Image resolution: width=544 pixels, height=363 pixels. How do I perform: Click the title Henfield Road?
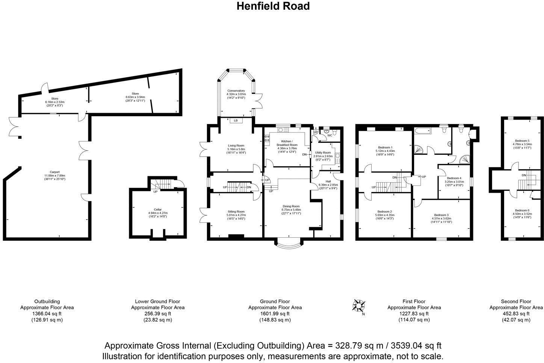tap(273, 6)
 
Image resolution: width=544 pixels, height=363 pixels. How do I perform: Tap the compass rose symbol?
tap(359, 306)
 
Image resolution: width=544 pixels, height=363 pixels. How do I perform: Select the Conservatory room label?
tap(236, 91)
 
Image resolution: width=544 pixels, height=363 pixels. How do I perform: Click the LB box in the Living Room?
tap(236, 121)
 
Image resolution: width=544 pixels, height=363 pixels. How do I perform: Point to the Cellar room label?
tap(157, 210)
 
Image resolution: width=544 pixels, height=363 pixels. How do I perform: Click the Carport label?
tap(54, 172)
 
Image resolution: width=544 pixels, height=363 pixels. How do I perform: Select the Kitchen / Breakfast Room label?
tap(287, 143)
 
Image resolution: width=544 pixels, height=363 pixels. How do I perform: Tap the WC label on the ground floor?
tap(329, 135)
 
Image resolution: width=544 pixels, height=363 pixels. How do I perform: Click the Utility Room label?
tap(323, 153)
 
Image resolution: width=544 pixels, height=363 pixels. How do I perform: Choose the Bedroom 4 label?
tap(454, 178)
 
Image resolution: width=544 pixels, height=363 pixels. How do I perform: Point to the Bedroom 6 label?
tap(522, 210)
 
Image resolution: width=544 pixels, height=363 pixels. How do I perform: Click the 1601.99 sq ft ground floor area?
tap(275, 313)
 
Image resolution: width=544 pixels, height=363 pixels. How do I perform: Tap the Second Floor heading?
tap(516, 301)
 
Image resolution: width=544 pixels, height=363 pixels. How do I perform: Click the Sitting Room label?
tap(236, 211)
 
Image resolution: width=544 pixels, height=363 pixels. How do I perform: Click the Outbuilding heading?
tap(47, 301)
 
